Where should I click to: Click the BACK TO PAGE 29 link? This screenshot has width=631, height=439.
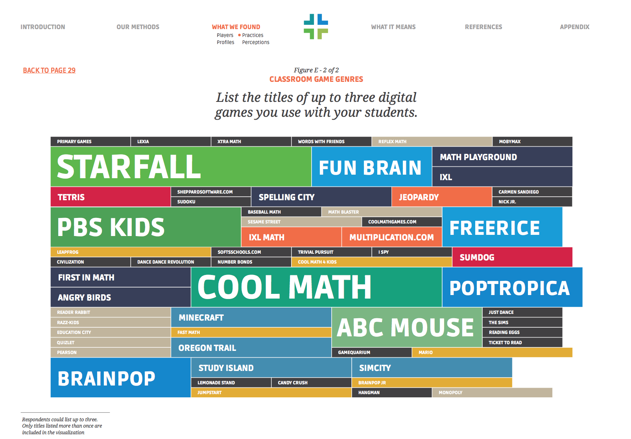[49, 70]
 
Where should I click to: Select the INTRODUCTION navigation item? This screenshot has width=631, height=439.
[43, 27]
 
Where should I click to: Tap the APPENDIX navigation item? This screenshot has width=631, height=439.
[575, 27]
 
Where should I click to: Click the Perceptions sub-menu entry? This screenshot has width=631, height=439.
[256, 42]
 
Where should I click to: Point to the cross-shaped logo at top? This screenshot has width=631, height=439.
[316, 26]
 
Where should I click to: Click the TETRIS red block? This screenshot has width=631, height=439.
[111, 197]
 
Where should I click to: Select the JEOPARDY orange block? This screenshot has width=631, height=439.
[442, 197]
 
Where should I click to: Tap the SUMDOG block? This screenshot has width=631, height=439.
[513, 257]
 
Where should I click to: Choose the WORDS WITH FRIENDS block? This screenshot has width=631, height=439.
[331, 142]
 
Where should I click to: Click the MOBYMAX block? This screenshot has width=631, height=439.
[532, 142]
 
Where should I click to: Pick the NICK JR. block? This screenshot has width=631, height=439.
[532, 202]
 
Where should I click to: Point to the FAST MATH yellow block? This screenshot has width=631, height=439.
[251, 332]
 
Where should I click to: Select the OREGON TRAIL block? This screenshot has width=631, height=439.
[251, 347]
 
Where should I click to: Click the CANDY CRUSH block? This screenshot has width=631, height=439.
[311, 382]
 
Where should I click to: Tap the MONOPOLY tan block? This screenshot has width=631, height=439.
[492, 393]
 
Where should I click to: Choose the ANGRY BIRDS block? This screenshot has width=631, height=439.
[120, 297]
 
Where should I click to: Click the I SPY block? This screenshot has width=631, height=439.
[412, 252]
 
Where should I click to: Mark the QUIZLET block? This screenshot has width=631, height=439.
[111, 342]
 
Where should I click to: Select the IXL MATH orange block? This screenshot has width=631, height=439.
[291, 237]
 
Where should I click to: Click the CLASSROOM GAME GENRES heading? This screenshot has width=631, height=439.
[316, 79]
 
